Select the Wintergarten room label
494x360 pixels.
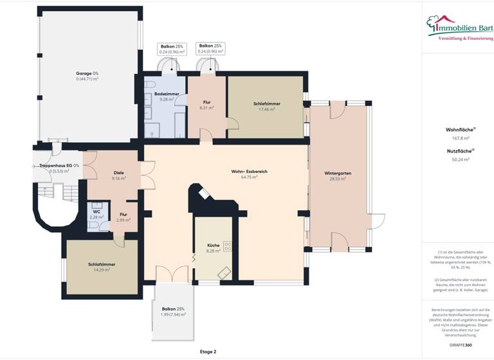click(x=338, y=174)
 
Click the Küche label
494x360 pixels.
click(x=214, y=246)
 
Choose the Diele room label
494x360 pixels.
click(x=118, y=173)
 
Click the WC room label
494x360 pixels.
click(x=96, y=212)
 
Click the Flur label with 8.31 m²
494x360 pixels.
click(x=206, y=103)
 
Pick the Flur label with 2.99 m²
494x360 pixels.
click(x=123, y=215)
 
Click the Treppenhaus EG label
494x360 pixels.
click(x=55, y=166)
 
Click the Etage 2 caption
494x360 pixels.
click(x=208, y=352)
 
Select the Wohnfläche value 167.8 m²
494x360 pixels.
click(x=457, y=137)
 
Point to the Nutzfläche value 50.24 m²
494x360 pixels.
click(x=457, y=159)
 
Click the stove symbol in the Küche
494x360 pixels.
click(x=227, y=247)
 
